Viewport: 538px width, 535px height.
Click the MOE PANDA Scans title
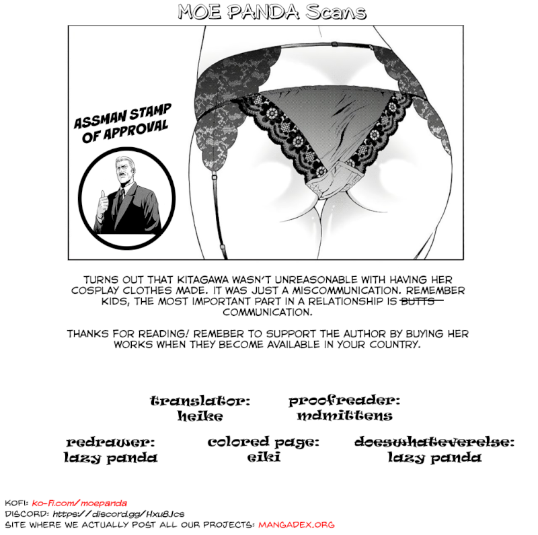point(272,12)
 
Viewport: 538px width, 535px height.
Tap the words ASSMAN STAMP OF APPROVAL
point(123,123)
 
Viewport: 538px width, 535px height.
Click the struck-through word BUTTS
point(421,301)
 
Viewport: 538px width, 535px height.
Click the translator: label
point(200,401)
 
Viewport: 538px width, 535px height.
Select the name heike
point(200,416)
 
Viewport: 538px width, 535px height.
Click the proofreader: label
point(344,401)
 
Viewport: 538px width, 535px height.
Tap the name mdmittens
point(344,416)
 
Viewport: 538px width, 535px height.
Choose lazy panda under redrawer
point(111,458)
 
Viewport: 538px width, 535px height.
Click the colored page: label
point(263,442)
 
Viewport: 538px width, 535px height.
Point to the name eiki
point(263,458)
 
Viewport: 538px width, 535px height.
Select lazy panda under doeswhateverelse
point(434,458)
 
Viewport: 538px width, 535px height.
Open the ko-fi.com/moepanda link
point(79,503)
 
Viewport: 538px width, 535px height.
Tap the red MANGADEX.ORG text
point(296,524)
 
